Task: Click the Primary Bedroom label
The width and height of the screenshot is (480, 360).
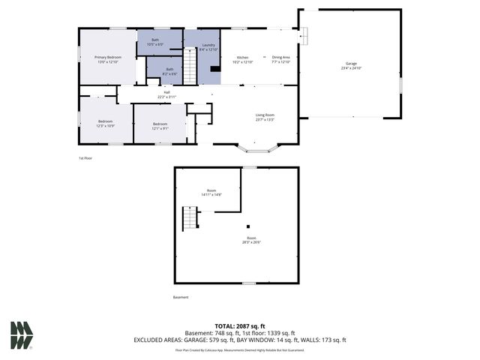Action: coord(108,59)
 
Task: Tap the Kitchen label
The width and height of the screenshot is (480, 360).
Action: coord(243,60)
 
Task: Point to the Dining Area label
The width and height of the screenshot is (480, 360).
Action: coord(280,60)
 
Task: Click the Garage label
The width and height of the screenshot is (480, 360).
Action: coord(351,66)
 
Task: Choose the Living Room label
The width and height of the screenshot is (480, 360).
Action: coord(265,117)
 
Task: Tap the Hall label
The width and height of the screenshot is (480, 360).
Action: coord(166,94)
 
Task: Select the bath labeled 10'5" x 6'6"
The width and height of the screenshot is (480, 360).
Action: coord(155,42)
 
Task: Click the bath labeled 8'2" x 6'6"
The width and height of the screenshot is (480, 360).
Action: coord(169,70)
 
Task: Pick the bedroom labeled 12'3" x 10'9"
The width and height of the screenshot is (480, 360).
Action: coord(105,124)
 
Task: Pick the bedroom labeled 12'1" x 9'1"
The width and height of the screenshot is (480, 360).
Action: coord(160,126)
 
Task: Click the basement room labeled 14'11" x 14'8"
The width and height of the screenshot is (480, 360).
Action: coord(211,193)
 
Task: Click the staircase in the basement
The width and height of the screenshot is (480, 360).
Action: coord(190,218)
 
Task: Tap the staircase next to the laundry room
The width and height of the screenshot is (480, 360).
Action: coord(190,66)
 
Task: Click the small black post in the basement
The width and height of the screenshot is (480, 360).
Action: coord(247,226)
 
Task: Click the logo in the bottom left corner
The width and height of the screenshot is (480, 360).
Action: coord(21,335)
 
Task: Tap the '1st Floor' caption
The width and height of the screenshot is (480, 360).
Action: coord(85,158)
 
